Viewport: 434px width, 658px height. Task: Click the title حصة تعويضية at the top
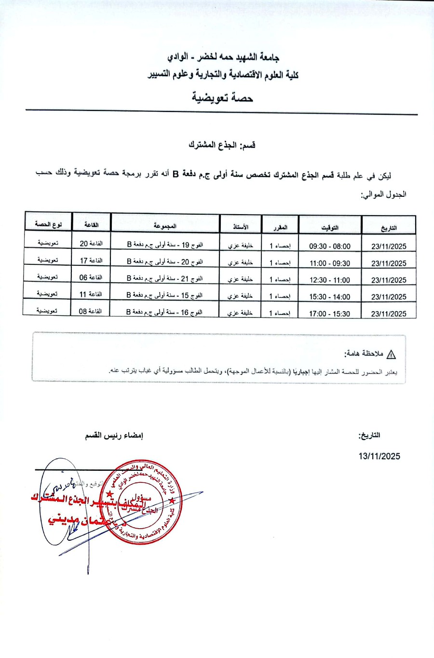tap(222, 98)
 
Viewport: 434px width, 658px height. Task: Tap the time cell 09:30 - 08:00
tap(330, 246)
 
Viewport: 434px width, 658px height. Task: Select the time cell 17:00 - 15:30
tap(330, 314)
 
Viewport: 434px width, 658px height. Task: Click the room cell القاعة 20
tap(91, 244)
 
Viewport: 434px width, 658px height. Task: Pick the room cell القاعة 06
tap(91, 277)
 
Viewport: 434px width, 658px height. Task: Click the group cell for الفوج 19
tap(165, 245)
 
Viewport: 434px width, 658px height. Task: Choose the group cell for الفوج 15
tap(164, 295)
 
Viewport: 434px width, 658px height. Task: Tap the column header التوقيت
tap(330, 227)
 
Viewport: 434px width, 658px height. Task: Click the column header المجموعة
tap(165, 225)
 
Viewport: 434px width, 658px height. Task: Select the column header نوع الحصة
tap(48, 224)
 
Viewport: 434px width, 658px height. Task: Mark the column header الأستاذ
tap(241, 226)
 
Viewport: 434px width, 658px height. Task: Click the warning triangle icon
tap(391, 355)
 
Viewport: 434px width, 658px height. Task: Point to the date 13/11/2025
tap(379, 456)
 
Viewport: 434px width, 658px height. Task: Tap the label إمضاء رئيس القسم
tap(114, 436)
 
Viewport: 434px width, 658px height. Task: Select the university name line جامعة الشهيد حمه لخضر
tap(223, 57)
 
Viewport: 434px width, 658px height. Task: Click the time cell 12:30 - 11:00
tap(330, 280)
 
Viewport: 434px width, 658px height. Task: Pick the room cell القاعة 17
tap(91, 260)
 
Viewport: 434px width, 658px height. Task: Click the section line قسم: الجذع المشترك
tap(222, 145)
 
